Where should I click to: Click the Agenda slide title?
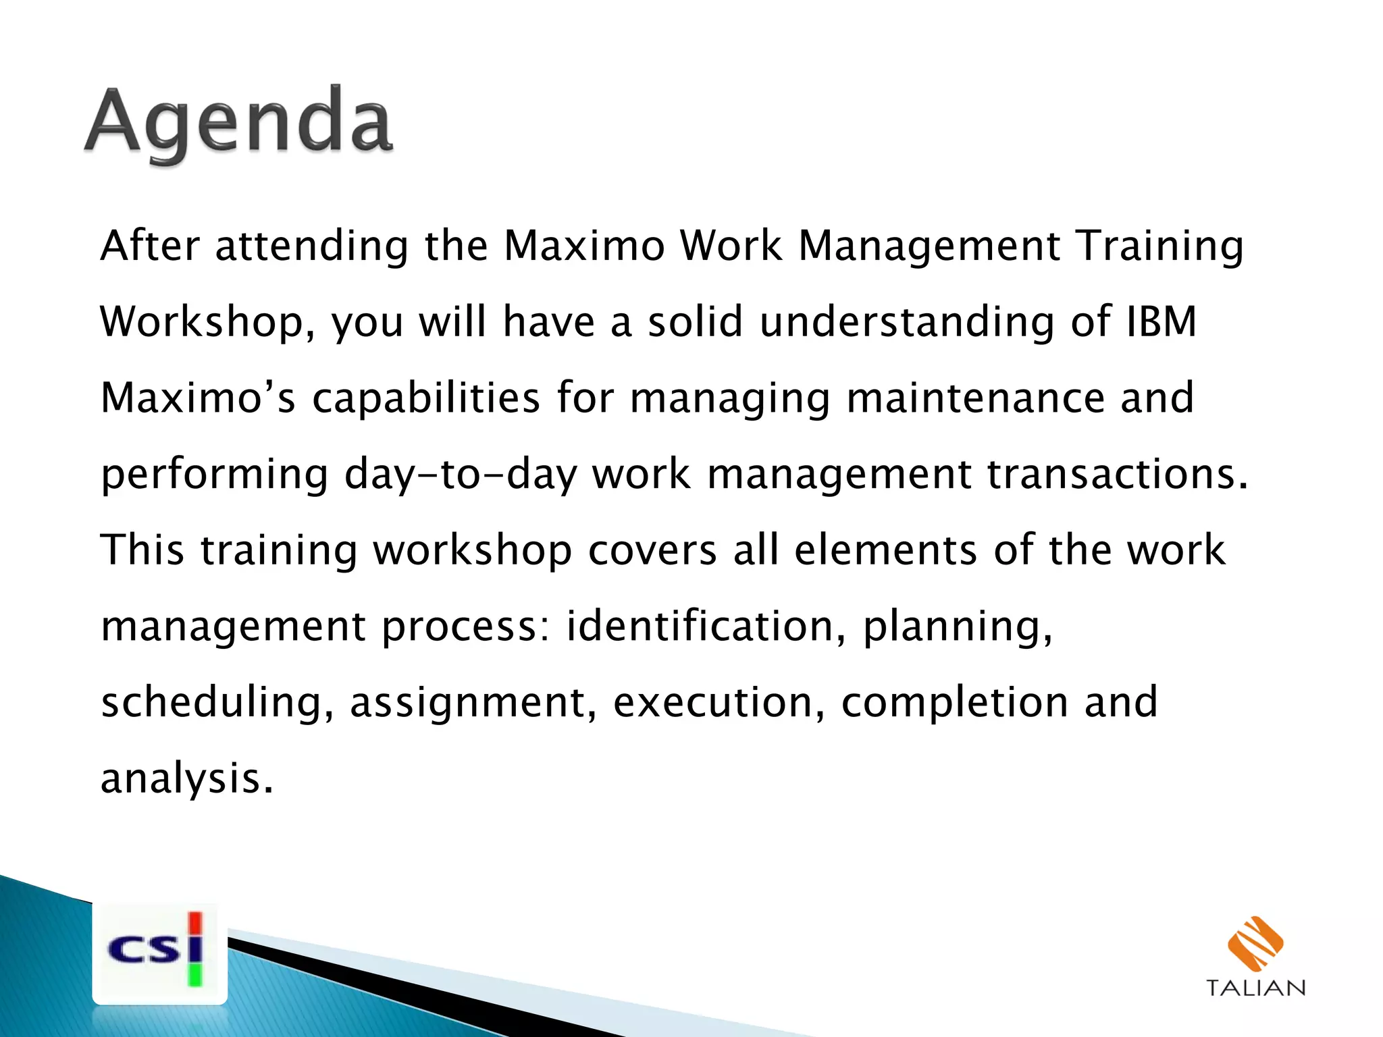pyautogui.click(x=238, y=124)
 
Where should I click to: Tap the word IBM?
pyautogui.click(x=1162, y=321)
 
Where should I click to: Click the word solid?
pyautogui.click(x=695, y=321)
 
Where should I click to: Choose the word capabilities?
pyautogui.click(x=425, y=398)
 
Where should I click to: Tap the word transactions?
pyautogui.click(x=1118, y=474)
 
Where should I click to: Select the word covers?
pyautogui.click(x=652, y=550)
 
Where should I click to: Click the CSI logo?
pyautogui.click(x=159, y=952)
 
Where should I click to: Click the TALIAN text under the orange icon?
pyautogui.click(x=1255, y=988)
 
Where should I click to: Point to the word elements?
pyautogui.click(x=885, y=550)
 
